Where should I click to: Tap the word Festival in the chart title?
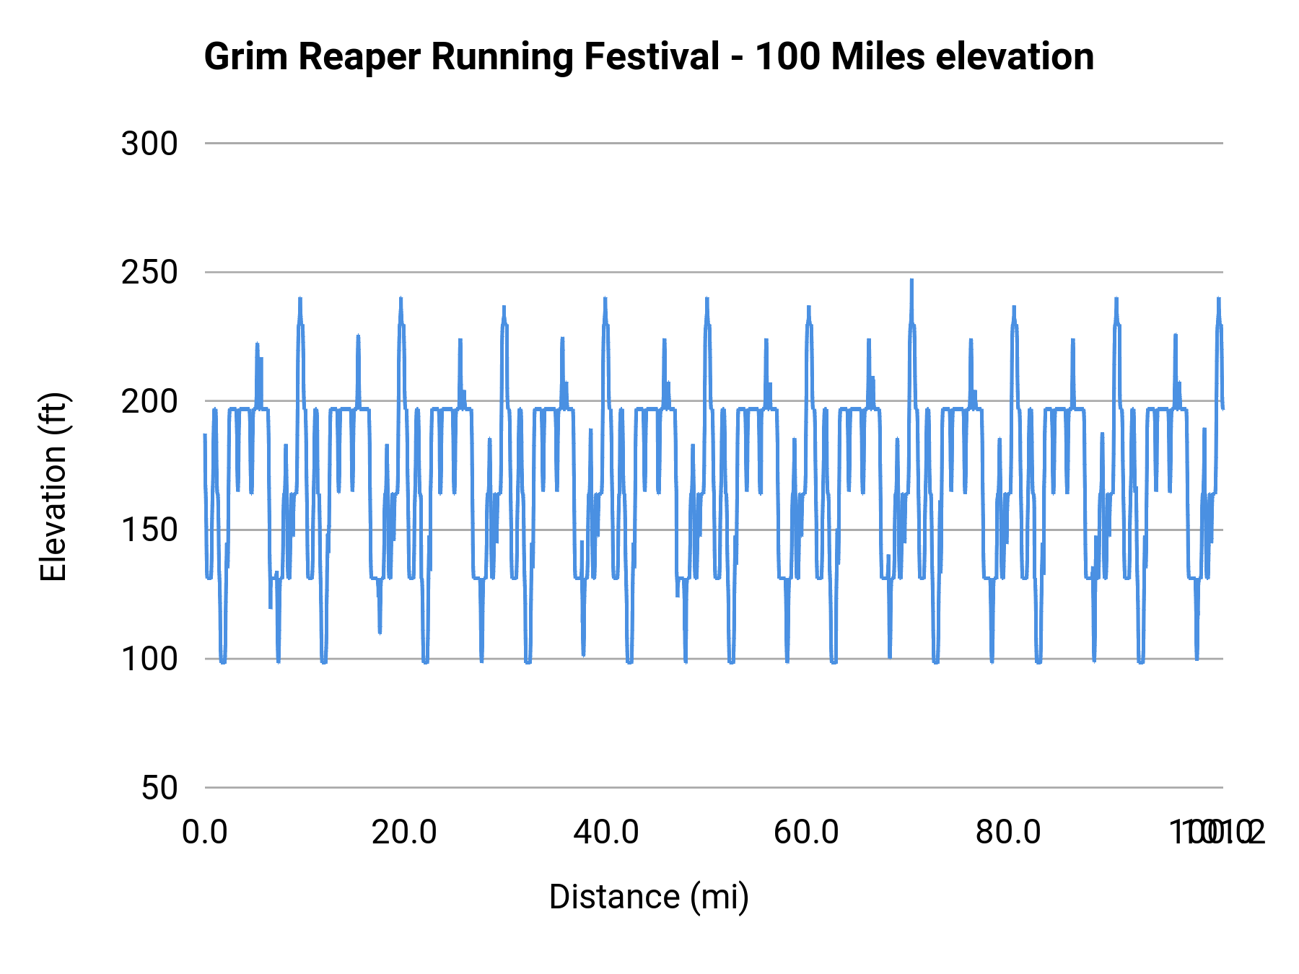(651, 57)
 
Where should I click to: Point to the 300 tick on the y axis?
(149, 144)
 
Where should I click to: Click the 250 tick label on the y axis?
(149, 273)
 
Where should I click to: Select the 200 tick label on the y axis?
(149, 401)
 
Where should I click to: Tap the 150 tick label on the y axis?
(149, 530)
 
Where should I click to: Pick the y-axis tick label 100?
(149, 659)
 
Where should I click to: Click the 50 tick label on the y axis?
(159, 788)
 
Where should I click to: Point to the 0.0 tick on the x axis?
(205, 833)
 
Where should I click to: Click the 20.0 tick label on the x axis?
(404, 833)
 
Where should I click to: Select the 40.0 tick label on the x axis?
(606, 833)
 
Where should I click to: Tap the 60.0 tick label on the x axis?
(806, 833)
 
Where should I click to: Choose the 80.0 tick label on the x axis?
(1008, 833)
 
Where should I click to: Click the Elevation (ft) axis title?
(53, 487)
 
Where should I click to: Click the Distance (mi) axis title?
(649, 897)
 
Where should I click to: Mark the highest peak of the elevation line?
(911, 281)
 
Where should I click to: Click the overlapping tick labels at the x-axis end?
(1217, 833)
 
